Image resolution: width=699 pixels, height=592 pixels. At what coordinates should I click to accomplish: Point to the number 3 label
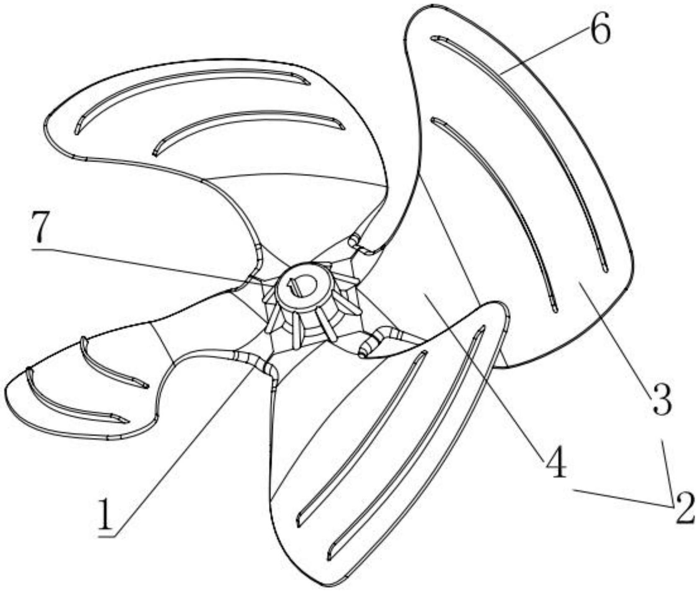pos(662,400)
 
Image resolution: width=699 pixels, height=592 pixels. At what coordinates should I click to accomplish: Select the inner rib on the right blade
pos(503,209)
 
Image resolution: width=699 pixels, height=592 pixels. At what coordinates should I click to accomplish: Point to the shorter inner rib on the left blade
pos(111,367)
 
